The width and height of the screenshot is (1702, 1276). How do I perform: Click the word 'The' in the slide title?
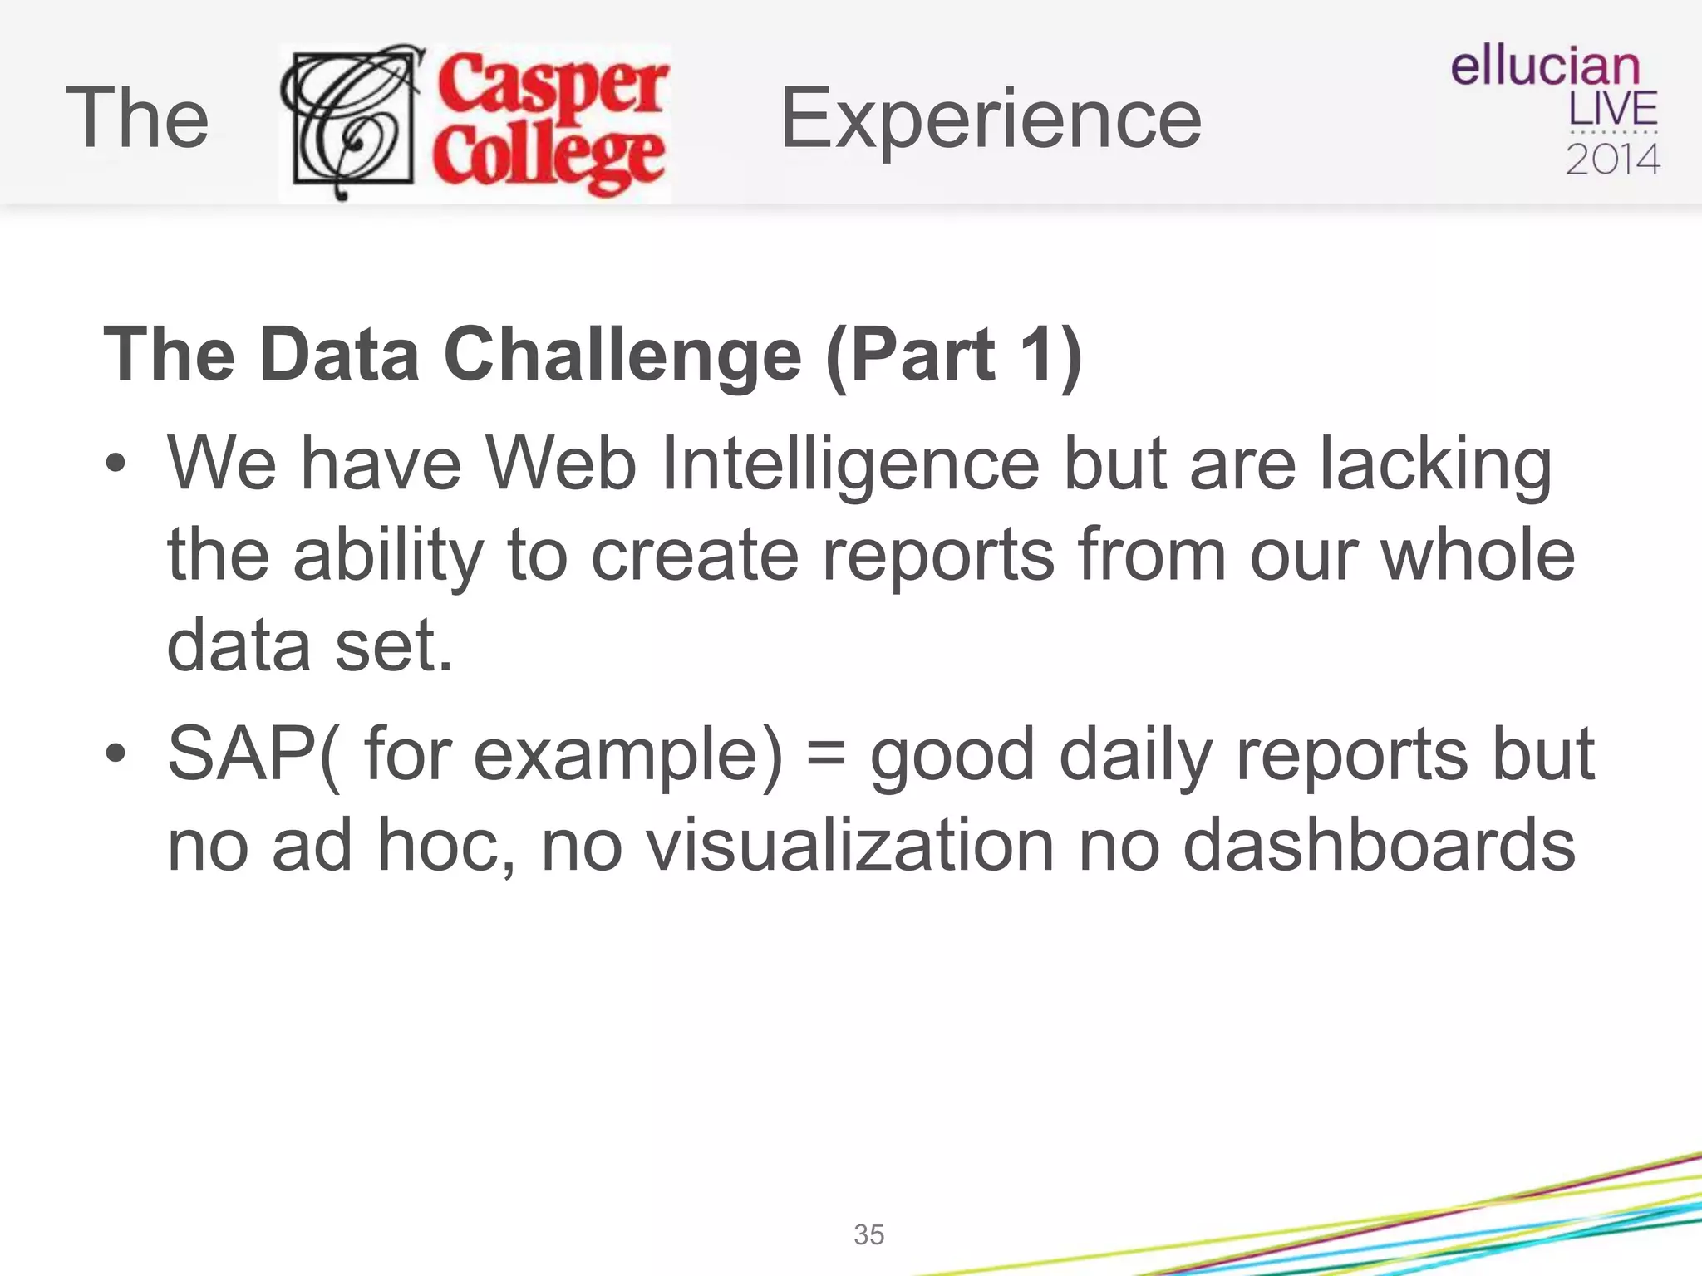coord(137,119)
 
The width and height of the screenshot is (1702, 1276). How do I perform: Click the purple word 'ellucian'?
coord(1545,66)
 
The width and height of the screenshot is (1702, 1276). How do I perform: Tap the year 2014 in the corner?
coord(1612,159)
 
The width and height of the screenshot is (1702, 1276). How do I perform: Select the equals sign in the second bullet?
coord(826,754)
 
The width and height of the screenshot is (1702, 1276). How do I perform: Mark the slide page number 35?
coord(868,1234)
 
